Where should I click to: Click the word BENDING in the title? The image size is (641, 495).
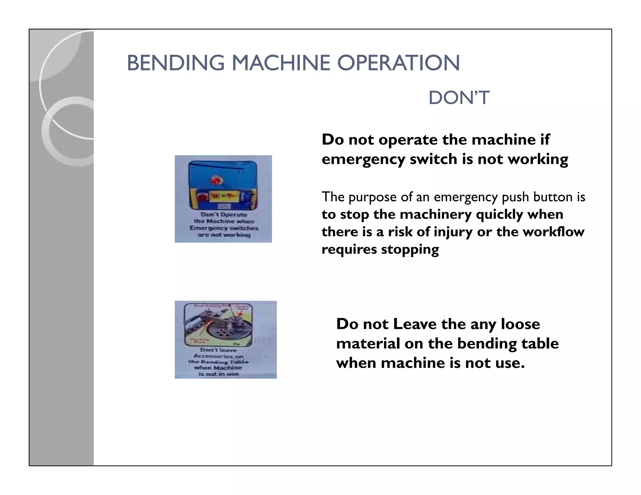click(176, 63)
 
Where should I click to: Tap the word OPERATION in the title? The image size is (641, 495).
click(398, 63)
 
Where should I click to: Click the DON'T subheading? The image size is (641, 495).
click(459, 98)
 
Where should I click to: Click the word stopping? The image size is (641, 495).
click(410, 250)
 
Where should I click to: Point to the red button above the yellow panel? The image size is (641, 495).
click(215, 180)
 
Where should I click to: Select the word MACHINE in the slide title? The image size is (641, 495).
click(281, 63)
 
